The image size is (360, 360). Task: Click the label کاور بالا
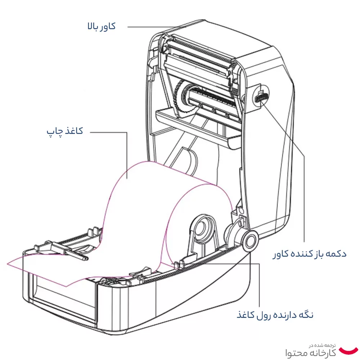[x=102, y=26]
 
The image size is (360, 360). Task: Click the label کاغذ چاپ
[x=65, y=131]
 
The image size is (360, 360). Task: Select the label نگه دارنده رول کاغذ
[x=275, y=315]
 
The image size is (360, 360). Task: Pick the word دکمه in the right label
[x=336, y=254]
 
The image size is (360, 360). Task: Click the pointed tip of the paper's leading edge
[x=67, y=287]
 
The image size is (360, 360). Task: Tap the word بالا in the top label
[x=93, y=26]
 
